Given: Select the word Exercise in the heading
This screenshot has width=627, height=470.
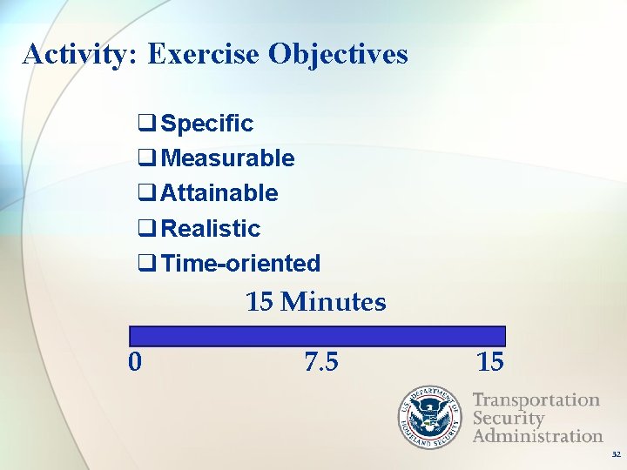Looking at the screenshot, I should (x=204, y=55).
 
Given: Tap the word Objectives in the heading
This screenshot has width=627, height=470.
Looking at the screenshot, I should (x=338, y=55).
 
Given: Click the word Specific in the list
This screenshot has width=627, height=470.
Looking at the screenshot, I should (x=207, y=124).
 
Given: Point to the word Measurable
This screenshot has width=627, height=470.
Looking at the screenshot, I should (x=227, y=158).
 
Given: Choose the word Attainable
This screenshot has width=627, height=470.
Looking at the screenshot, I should (x=219, y=193).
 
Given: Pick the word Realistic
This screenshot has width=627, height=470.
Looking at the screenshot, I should (x=211, y=229).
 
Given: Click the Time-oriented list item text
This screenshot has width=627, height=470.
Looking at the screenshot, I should (x=240, y=263).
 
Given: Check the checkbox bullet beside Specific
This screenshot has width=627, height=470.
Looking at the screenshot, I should (x=147, y=124).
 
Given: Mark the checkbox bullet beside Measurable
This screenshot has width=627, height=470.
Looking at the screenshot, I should (x=147, y=158).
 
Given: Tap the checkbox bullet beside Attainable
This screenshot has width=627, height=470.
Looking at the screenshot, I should (x=147, y=193).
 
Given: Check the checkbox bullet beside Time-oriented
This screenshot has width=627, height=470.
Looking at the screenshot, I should (x=147, y=263).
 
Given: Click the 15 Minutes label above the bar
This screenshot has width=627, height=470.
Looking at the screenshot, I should (x=315, y=303).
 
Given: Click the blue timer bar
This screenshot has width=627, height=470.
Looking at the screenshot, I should (x=317, y=336).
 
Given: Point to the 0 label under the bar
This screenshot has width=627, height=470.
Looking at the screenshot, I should (x=135, y=361).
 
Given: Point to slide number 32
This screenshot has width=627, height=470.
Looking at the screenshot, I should (x=616, y=455).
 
